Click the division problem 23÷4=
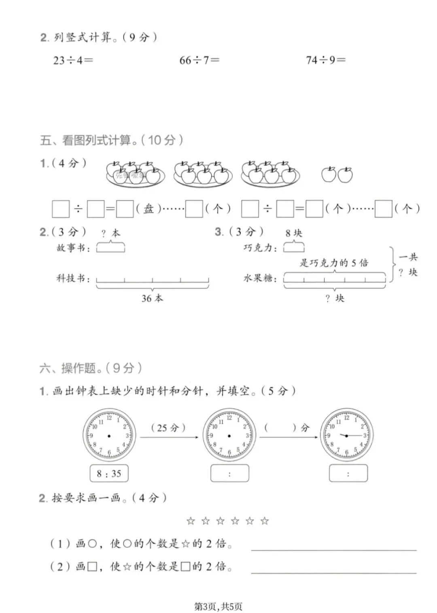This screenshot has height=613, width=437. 73,60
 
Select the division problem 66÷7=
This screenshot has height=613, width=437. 199,60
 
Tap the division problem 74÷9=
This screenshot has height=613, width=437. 326,60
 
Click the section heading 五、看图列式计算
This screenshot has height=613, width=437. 111,140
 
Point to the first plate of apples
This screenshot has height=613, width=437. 135,174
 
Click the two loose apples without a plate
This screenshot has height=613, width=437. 337,175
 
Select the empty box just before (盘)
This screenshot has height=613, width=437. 125,209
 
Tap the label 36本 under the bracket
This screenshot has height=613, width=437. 152,298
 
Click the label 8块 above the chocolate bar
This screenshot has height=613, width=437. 294,233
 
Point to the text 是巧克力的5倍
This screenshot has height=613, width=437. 334,263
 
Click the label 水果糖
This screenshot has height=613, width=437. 260,278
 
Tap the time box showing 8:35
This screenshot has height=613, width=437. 109,473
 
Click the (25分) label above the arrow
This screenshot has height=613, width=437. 168,428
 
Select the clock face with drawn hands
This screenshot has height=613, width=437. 347,435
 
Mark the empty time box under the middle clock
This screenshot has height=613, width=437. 229,473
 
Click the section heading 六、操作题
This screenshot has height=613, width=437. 91,368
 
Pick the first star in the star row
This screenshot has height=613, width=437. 191,521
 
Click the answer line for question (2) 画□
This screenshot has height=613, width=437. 333,572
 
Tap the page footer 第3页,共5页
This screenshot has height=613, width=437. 218,606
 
